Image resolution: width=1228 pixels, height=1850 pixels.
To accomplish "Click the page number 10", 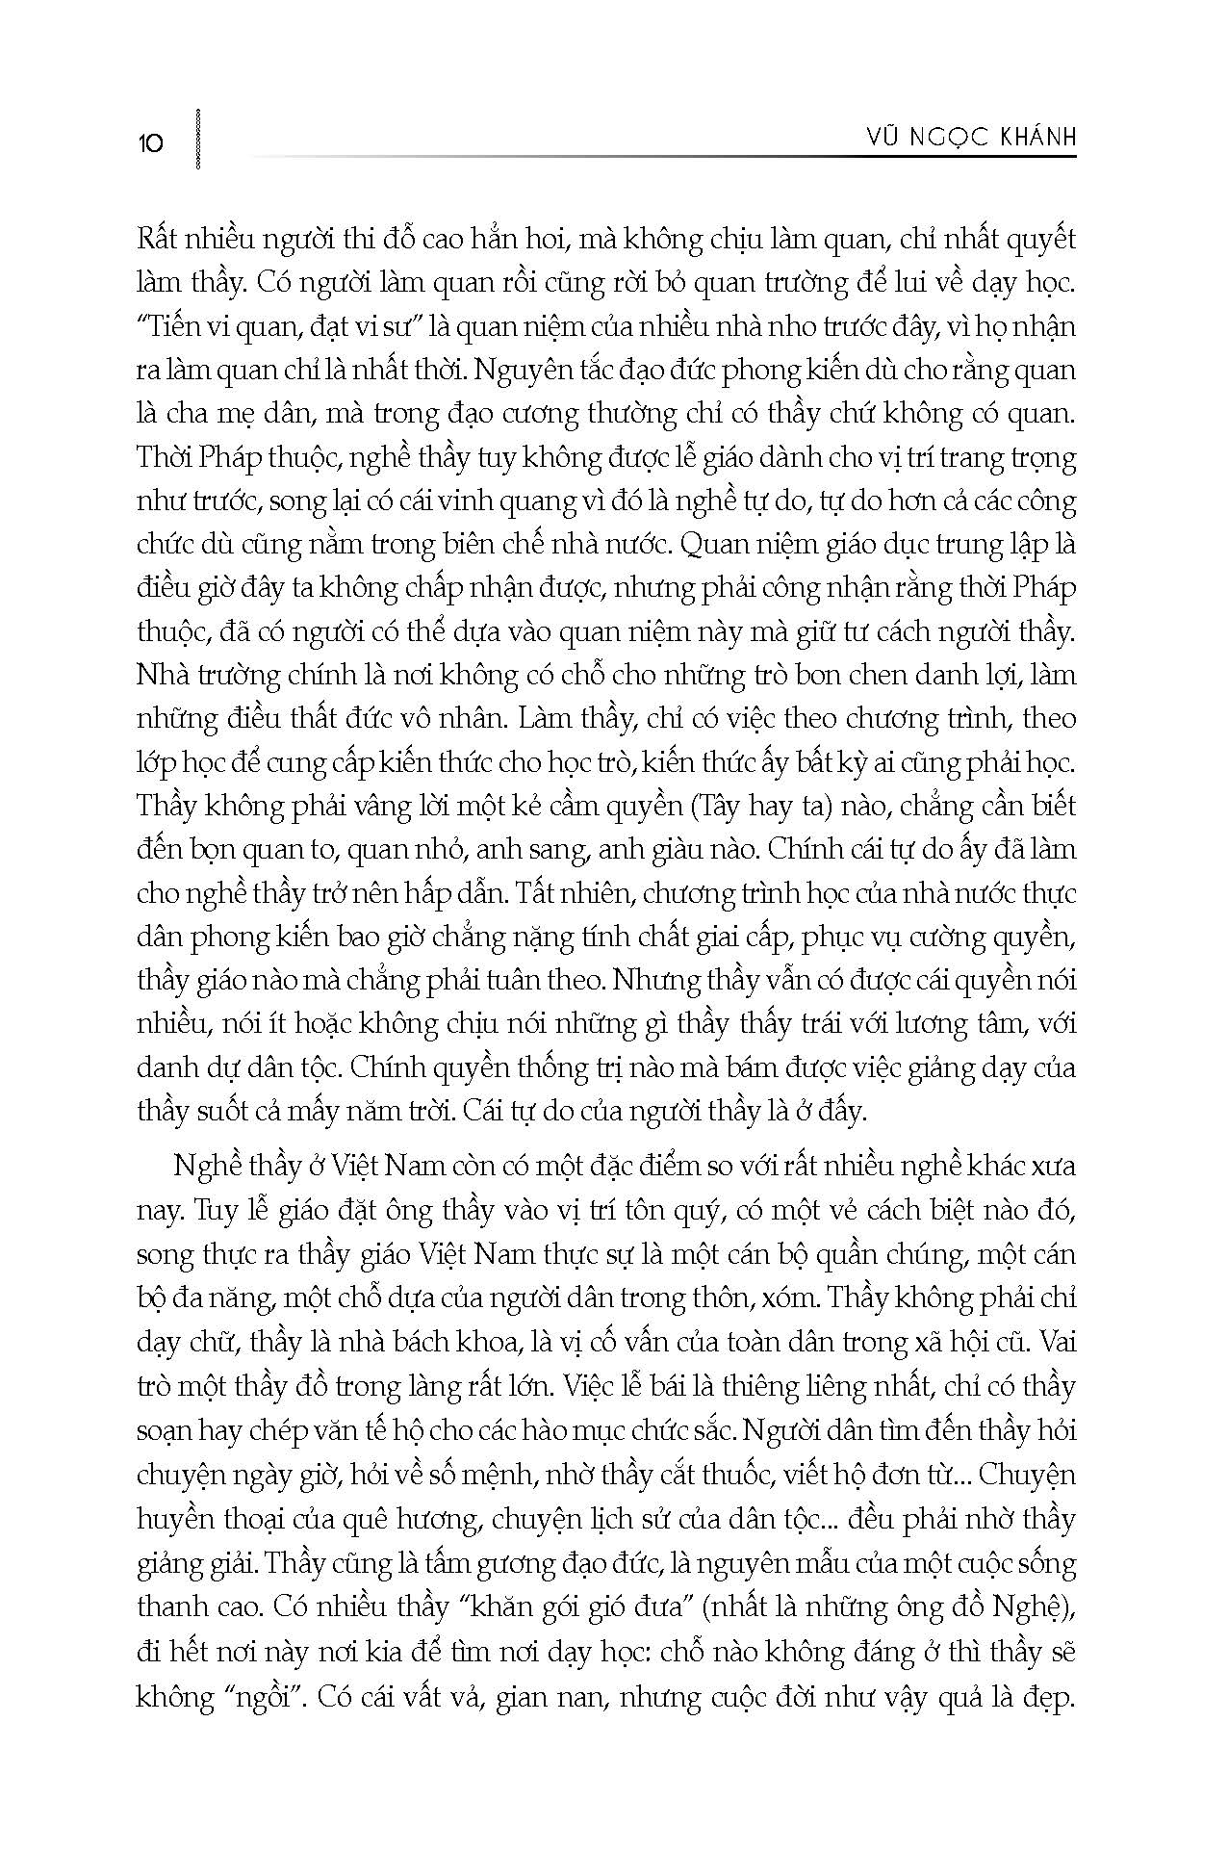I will [x=151, y=143].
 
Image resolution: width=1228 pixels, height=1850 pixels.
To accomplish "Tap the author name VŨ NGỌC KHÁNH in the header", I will [x=968, y=139].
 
